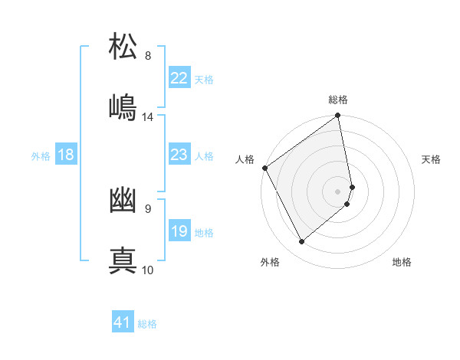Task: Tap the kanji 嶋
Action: pyautogui.click(x=123, y=107)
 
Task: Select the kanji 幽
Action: pyautogui.click(x=123, y=201)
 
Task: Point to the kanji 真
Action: pyautogui.click(x=123, y=260)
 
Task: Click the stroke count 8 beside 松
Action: pyautogui.click(x=148, y=56)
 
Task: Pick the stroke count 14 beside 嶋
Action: pyautogui.click(x=148, y=117)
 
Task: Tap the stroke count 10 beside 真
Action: pyautogui.click(x=148, y=270)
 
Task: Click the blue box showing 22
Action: pyautogui.click(x=179, y=78)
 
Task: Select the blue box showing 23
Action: pyautogui.click(x=179, y=155)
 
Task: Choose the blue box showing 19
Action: pyautogui.click(x=179, y=231)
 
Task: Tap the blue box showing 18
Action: pyautogui.click(x=66, y=155)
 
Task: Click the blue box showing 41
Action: pyautogui.click(x=123, y=322)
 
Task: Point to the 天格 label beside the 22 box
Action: pyautogui.click(x=203, y=80)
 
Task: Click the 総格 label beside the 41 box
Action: pyautogui.click(x=147, y=324)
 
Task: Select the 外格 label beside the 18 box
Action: pyautogui.click(x=41, y=156)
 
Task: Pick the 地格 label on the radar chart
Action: pyautogui.click(x=402, y=262)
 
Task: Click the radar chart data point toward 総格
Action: pyautogui.click(x=338, y=116)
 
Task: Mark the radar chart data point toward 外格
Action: pyautogui.click(x=301, y=241)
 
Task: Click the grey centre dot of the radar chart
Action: pyautogui.click(x=338, y=191)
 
